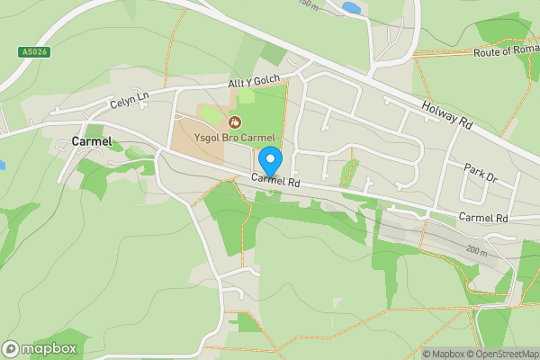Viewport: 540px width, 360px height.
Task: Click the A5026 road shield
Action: (34, 52)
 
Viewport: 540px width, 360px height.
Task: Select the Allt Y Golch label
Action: (254, 82)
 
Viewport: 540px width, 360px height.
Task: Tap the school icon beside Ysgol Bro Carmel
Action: (235, 121)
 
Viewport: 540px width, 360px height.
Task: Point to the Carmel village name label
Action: (93, 141)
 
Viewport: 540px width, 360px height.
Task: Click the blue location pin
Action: (270, 162)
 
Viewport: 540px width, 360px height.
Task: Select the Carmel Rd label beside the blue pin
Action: (274, 181)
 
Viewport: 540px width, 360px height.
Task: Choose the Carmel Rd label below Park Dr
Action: (483, 218)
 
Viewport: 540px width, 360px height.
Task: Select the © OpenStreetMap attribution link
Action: (506, 354)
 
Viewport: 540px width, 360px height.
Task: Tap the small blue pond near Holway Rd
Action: (351, 7)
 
